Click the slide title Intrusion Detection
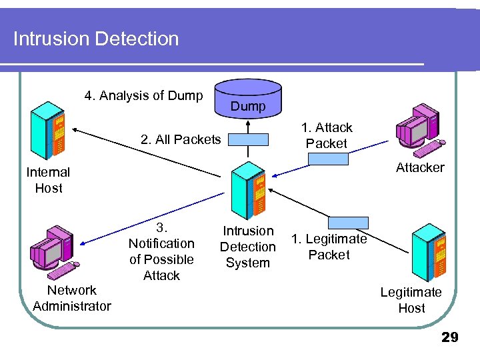tap(96, 39)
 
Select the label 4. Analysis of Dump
tap(143, 95)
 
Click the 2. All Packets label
tap(181, 139)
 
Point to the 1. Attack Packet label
tap(327, 135)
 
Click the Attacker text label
tap(420, 167)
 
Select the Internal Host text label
tap(48, 180)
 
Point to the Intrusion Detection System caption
tap(248, 247)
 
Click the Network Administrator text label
tap(71, 298)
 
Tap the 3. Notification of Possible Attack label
tap(161, 251)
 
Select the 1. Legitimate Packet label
tap(329, 247)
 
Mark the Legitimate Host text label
tap(411, 300)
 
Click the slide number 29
tap(450, 338)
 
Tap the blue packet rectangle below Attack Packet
tap(328, 159)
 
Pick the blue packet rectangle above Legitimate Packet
tap(347, 223)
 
